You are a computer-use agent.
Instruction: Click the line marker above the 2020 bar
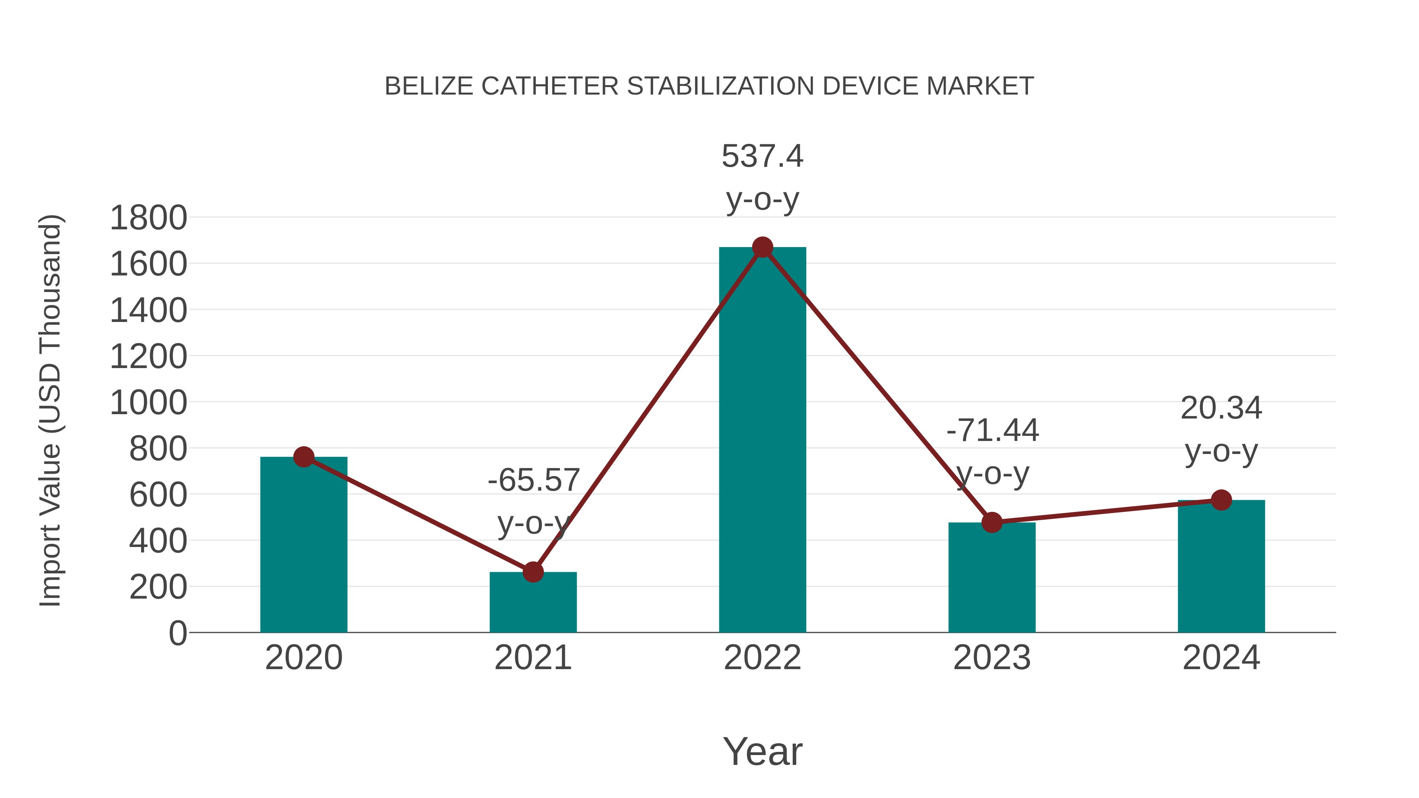pos(304,457)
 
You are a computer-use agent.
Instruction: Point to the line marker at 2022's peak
pos(762,247)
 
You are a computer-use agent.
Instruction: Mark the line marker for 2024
pos(1221,500)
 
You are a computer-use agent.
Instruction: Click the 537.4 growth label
pos(762,156)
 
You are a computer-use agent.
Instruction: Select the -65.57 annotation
pos(533,480)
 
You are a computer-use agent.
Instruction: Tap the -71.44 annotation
pos(992,431)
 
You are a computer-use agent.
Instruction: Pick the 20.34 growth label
pos(1221,409)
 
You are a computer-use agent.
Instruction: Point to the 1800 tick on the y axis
pos(148,218)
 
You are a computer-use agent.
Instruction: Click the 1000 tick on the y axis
pos(148,403)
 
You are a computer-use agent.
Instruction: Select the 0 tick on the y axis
pos(177,633)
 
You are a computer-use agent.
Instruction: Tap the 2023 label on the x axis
pos(992,658)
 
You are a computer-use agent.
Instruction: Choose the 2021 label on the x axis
pos(533,658)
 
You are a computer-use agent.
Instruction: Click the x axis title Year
pos(762,752)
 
